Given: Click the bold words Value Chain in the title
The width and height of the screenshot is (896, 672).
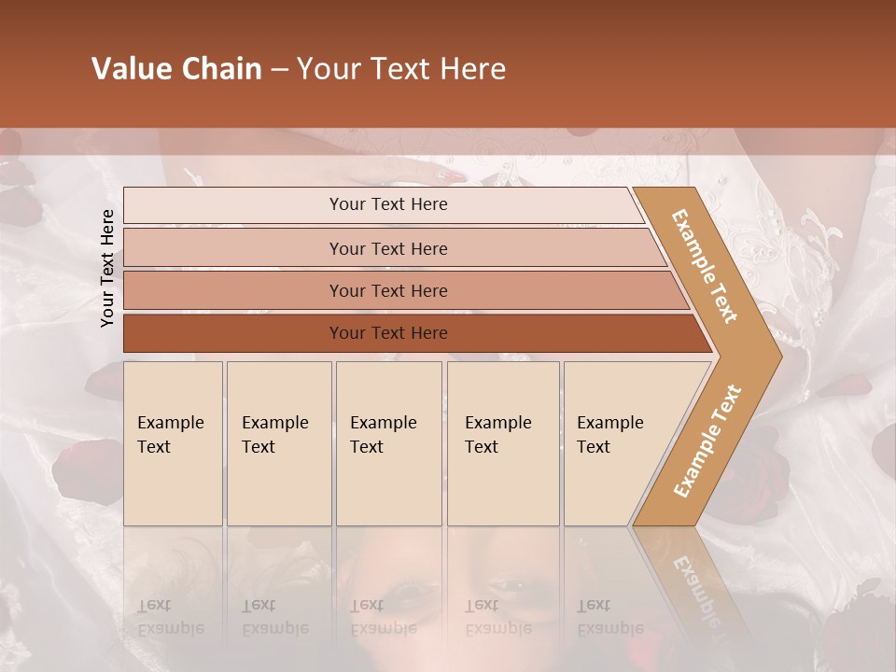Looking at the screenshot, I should coord(176,69).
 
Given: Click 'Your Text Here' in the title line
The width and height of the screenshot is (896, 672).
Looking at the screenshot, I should coord(401,69).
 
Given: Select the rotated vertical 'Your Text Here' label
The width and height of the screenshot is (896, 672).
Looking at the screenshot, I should coord(107,268).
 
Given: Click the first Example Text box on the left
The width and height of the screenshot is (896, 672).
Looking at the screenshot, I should coord(173,443).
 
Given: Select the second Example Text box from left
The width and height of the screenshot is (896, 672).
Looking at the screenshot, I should coord(278,443).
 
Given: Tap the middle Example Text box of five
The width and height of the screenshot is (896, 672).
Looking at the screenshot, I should coord(388,443).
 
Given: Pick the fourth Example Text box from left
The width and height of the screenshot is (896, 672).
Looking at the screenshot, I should coord(502,443).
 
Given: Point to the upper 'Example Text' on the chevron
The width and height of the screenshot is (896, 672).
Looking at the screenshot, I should coord(706,266).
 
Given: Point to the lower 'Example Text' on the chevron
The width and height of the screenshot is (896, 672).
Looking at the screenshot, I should coord(707,441).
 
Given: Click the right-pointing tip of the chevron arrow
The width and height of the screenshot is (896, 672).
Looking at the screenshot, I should coord(777,356).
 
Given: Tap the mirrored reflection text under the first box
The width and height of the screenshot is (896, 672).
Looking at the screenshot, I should coord(169,617).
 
